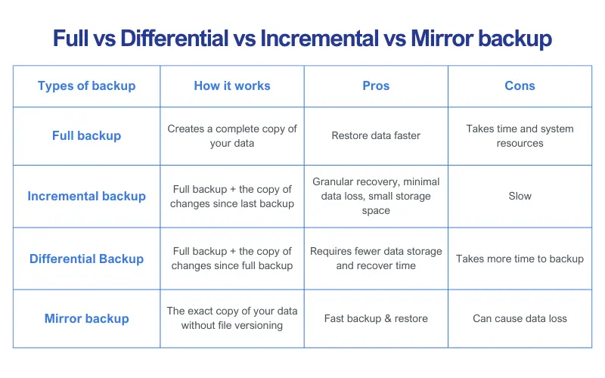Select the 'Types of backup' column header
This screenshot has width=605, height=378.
pos(86,85)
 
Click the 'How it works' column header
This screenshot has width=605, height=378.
pos(232,85)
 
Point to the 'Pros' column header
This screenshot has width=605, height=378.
pos(376,85)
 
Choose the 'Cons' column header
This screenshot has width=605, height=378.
pos(520,85)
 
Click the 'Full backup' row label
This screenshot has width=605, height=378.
pos(86,136)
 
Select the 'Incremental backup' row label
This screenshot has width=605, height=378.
pos(86,197)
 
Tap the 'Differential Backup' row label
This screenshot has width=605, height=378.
pos(86,259)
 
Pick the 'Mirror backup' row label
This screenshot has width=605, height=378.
pos(86,318)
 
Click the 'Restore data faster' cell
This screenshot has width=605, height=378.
pos(376,136)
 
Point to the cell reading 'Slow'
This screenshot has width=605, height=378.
pos(520,197)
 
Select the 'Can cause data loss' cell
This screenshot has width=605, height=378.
pos(520,318)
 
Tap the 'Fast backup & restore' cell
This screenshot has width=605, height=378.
pos(376,318)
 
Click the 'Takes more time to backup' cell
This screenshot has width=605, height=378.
pos(520,259)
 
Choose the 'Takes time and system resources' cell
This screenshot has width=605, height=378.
pos(520,136)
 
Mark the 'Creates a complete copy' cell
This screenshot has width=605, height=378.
pos(232,136)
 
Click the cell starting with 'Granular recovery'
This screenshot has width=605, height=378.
pos(376,197)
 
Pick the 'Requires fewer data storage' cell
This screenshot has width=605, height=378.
pos(376,259)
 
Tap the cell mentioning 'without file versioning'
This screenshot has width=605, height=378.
pos(232,318)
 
